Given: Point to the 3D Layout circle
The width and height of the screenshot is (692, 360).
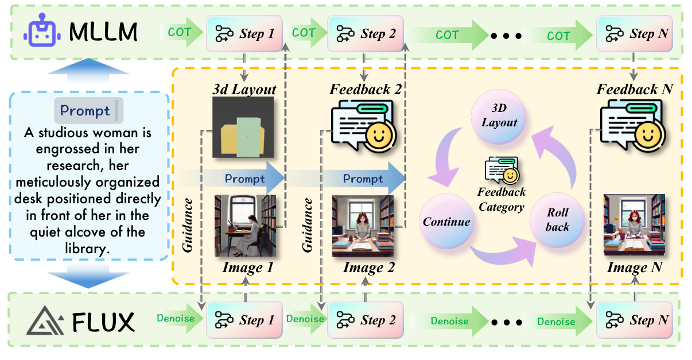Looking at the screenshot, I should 499,117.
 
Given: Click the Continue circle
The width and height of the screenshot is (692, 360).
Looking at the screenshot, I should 447,222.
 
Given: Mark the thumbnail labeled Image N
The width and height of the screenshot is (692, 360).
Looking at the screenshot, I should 634,225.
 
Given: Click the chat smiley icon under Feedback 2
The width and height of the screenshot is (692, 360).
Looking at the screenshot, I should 363,126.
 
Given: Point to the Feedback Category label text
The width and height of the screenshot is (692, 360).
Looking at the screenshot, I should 501,199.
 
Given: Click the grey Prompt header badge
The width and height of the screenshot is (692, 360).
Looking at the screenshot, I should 85,110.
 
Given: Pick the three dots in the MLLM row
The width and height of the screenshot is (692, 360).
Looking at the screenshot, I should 506,36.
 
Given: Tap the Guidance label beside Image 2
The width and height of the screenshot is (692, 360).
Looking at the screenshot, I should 308,224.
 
